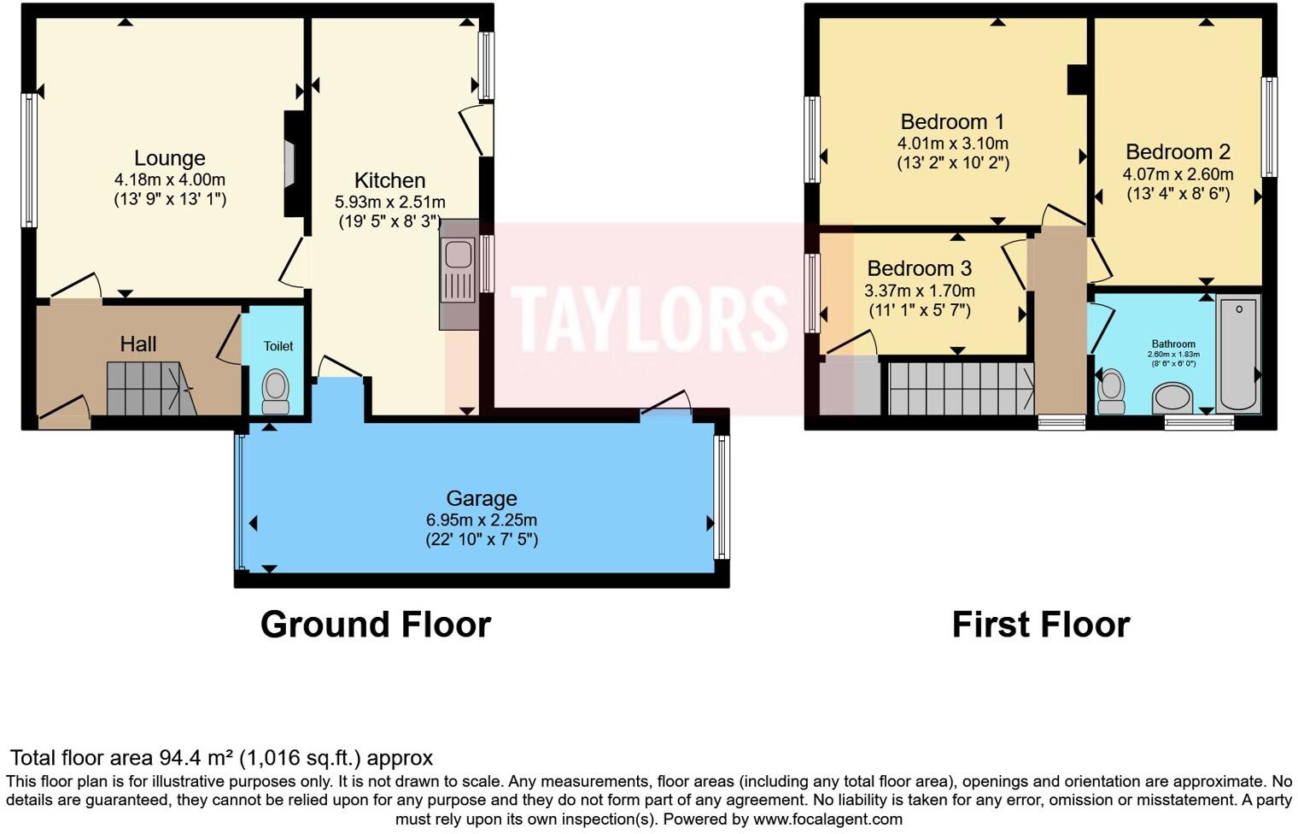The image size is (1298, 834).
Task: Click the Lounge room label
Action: point(169,158)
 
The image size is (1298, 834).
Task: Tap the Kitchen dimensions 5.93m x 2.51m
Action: point(389,203)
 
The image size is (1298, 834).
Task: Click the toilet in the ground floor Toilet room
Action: point(275,390)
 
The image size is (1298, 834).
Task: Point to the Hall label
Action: point(137,344)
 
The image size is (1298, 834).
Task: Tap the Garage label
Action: point(481,498)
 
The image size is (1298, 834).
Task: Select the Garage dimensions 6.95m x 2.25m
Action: point(481,520)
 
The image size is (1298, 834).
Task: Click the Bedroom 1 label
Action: point(952,122)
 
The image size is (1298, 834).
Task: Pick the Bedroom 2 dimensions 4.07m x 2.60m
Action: point(1178,174)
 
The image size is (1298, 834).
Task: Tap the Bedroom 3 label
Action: point(919,268)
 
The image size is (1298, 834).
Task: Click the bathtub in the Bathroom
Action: point(1237,353)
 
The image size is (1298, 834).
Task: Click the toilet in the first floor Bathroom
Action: point(1111,387)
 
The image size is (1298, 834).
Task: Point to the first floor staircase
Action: point(961,389)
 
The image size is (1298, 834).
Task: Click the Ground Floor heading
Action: point(375,625)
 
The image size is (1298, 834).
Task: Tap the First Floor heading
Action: point(1040,625)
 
